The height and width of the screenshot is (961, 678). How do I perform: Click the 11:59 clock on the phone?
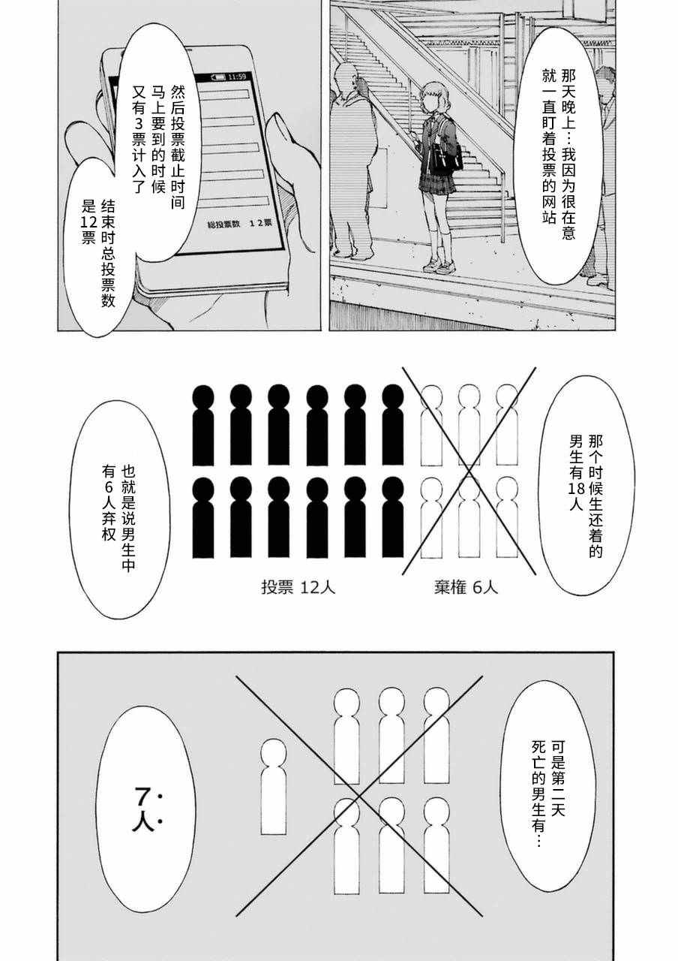[x=237, y=77]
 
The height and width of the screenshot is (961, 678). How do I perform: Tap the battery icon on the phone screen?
[x=217, y=77]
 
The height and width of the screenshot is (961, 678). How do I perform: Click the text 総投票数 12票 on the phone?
[x=240, y=224]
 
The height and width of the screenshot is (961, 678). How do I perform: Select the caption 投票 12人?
[x=298, y=587]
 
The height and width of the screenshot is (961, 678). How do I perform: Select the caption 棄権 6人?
[x=466, y=587]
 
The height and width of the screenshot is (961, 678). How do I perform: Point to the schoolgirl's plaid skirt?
[x=434, y=183]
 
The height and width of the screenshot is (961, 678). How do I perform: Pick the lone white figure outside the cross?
[x=274, y=787]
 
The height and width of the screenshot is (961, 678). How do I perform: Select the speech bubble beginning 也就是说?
[x=119, y=509]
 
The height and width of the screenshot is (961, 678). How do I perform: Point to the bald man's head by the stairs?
[x=346, y=77]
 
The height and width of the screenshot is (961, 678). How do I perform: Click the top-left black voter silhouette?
[x=203, y=425]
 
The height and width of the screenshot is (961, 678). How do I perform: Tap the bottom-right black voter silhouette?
[x=392, y=517]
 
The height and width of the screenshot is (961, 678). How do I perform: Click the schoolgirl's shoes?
[x=438, y=265]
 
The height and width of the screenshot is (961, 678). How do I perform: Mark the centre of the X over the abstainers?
[x=469, y=471]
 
